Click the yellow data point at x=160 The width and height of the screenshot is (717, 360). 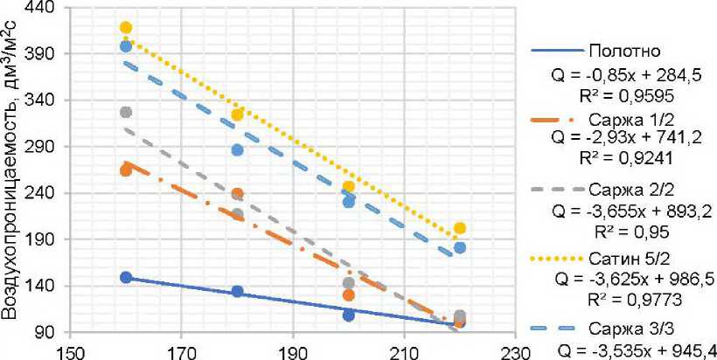tap(126, 28)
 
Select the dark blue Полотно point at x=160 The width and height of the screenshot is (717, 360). tap(126, 278)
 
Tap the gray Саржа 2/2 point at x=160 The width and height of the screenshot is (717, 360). tap(126, 113)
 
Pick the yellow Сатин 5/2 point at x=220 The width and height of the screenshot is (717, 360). tap(460, 228)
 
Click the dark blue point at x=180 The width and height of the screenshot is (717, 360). tap(237, 291)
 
